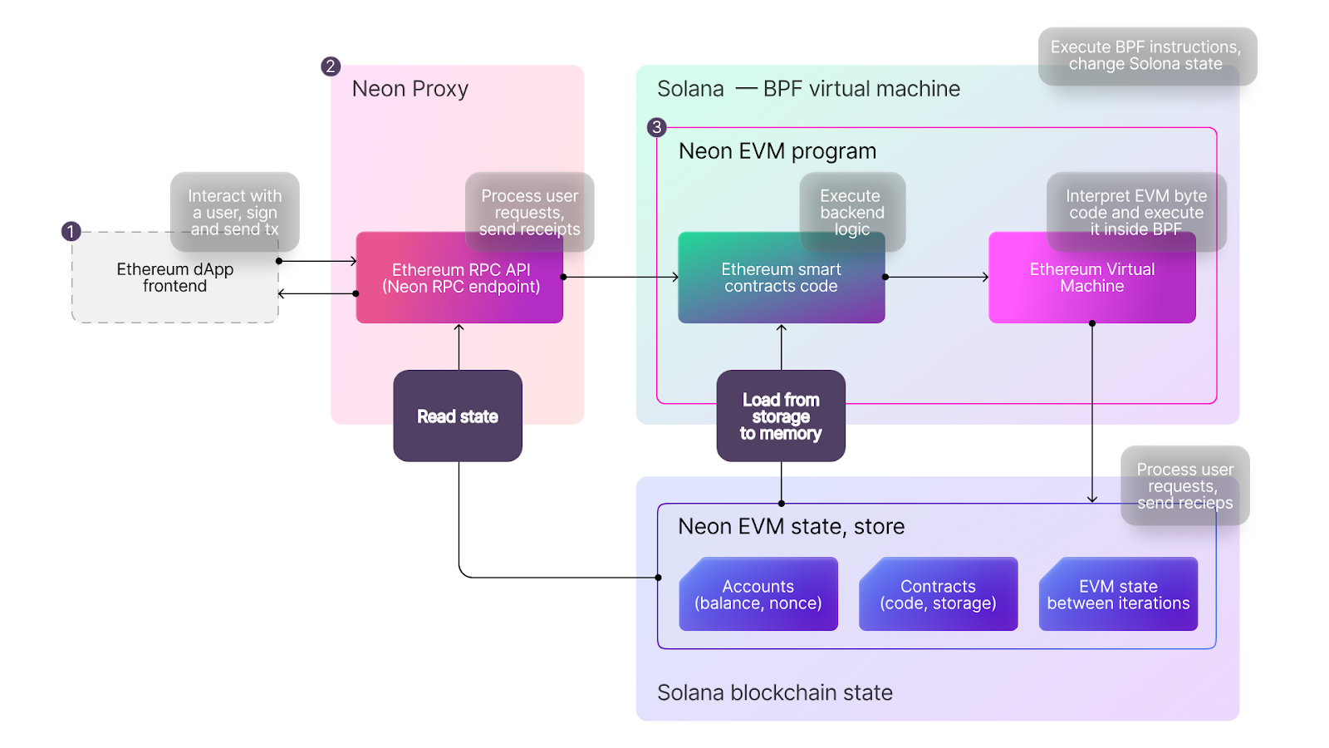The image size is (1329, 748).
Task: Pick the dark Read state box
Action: click(458, 416)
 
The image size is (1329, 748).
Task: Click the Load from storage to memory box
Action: click(781, 416)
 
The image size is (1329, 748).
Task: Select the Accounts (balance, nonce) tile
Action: click(758, 595)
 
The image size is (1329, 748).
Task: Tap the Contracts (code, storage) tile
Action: click(938, 595)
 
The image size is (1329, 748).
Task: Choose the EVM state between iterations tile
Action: click(1118, 595)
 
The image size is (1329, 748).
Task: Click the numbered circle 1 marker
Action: click(71, 231)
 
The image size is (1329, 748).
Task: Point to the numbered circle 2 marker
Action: click(331, 66)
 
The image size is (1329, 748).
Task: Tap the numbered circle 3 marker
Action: click(657, 127)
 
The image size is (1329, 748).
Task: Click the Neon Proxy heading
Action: click(410, 89)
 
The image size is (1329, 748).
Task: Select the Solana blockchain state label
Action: click(774, 692)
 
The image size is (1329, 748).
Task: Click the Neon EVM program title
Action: click(777, 151)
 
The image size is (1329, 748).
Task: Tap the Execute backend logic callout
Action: click(851, 211)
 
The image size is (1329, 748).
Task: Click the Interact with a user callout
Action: click(235, 211)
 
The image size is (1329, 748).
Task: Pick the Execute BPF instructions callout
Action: click(1146, 56)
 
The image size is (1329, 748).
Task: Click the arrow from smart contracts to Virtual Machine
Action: click(937, 277)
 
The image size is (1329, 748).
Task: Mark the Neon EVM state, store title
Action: click(791, 526)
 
